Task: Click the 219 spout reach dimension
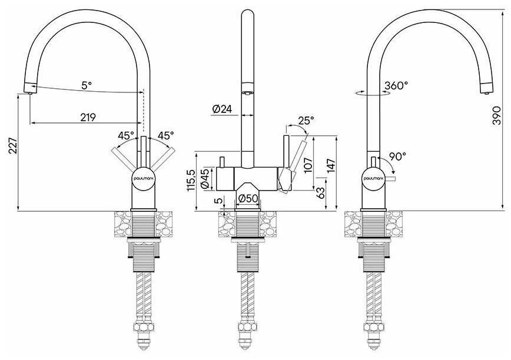88,118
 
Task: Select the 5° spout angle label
87,86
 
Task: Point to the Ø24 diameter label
222,109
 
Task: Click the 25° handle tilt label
306,121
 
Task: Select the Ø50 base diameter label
248,198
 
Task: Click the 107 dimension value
308,165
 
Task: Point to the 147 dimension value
330,166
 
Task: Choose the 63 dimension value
320,193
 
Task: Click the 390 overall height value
497,115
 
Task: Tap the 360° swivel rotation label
396,86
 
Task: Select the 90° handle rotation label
397,156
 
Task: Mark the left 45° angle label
126,135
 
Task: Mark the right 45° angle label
165,135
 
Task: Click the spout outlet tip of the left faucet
30,93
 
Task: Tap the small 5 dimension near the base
220,201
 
